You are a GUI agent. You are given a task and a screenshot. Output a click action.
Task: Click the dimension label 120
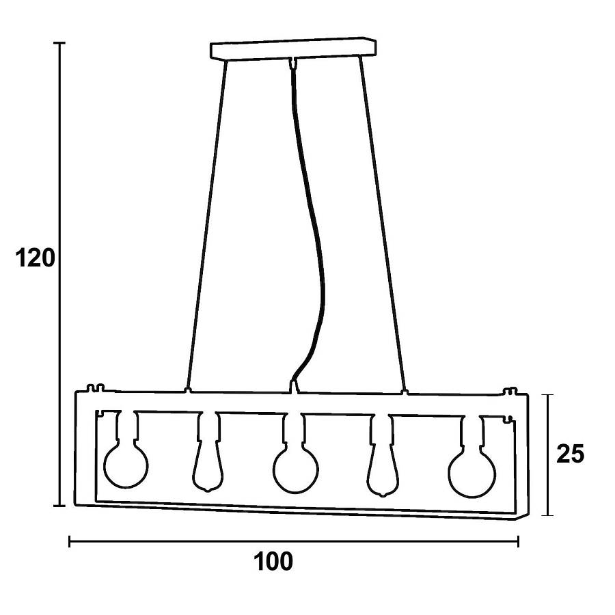pyautogui.click(x=35, y=258)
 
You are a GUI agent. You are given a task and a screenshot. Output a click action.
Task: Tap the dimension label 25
pyautogui.click(x=571, y=454)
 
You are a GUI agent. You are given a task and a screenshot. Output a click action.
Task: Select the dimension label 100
pyautogui.click(x=274, y=561)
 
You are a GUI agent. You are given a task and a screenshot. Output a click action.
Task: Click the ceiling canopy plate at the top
pyautogui.click(x=293, y=49)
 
